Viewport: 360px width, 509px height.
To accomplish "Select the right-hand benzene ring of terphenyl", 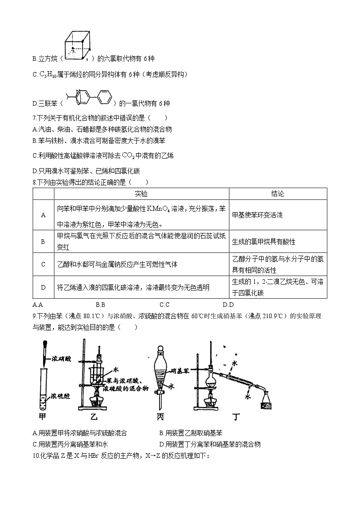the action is [x=104, y=96].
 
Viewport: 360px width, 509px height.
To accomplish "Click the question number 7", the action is [x=35, y=119].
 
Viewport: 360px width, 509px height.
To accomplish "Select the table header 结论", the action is [x=277, y=194].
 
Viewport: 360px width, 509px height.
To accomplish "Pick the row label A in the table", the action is [x=44, y=215].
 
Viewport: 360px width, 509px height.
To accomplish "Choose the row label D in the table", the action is [x=44, y=287].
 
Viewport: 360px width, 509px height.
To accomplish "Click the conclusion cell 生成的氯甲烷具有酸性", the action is [x=260, y=242].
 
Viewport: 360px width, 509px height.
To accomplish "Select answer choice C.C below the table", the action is [x=165, y=305].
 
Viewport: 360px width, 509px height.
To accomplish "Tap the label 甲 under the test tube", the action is [x=43, y=415].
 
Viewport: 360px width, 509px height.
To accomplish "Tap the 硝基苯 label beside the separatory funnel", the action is [x=181, y=371].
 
